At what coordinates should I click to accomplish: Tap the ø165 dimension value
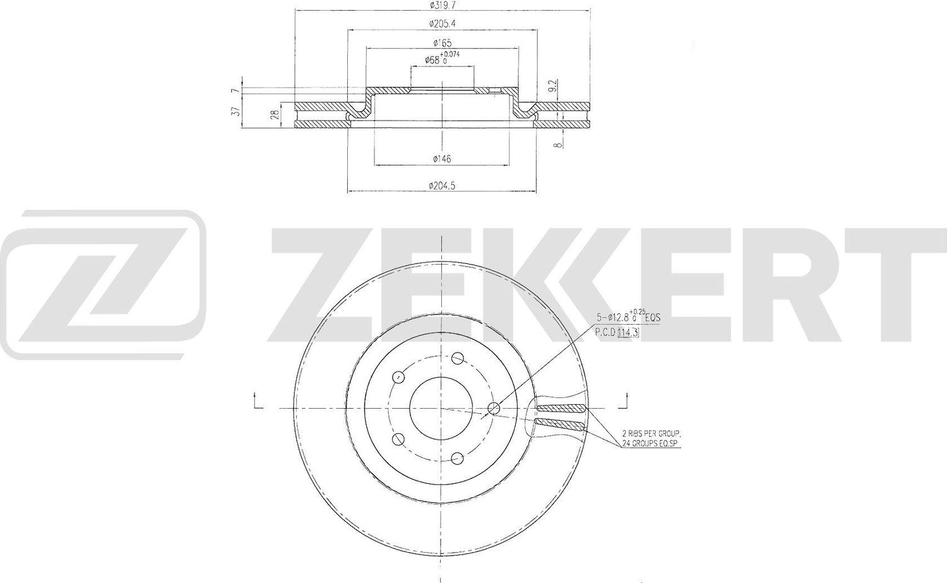pyautogui.click(x=441, y=43)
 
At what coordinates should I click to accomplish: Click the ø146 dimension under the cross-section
pyautogui.click(x=442, y=159)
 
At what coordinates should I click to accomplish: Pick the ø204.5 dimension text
pyautogui.click(x=442, y=185)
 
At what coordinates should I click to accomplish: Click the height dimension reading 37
pyautogui.click(x=235, y=111)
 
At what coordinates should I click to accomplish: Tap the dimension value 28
pyautogui.click(x=273, y=115)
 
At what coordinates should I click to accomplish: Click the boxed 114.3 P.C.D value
pyautogui.click(x=628, y=333)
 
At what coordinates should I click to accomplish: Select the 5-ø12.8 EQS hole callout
pyautogui.click(x=629, y=318)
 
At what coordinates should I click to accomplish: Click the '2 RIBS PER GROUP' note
pyautogui.click(x=650, y=434)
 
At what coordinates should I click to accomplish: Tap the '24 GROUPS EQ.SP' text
pyautogui.click(x=652, y=444)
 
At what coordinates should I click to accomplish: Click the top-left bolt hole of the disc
pyautogui.click(x=398, y=378)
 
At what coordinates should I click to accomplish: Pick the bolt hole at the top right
pyautogui.click(x=457, y=358)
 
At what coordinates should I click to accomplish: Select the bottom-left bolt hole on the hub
pyautogui.click(x=398, y=439)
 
